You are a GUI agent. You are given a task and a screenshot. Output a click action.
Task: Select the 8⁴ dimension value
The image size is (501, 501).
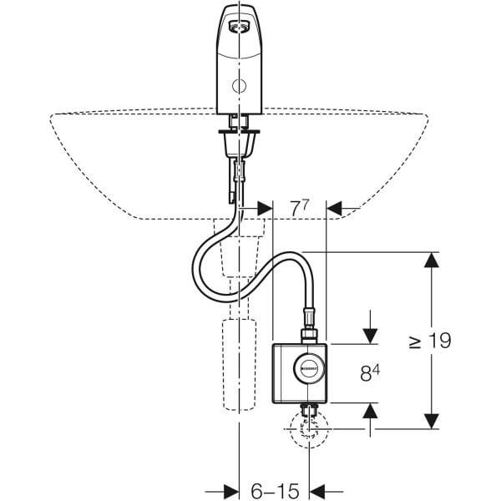point(370,372)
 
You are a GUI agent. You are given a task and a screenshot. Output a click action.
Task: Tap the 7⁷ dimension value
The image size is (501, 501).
point(300,208)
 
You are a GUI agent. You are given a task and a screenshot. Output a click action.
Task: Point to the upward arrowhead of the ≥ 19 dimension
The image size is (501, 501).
point(429,261)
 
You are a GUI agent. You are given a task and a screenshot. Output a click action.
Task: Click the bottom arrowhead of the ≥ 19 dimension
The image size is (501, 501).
point(429,422)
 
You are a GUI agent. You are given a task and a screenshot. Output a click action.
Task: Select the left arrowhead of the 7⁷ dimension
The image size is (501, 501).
point(262,208)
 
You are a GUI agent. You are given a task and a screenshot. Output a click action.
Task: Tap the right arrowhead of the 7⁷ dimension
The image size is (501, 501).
point(340,208)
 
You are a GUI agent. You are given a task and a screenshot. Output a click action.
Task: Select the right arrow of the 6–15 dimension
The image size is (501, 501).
point(321,490)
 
